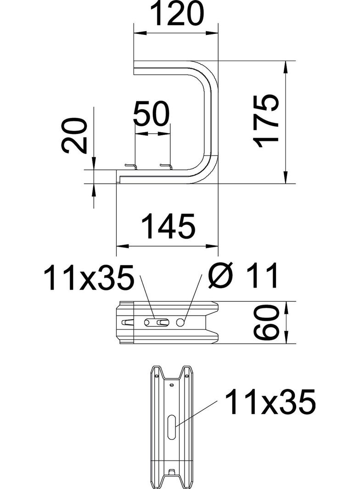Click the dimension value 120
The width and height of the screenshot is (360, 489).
177,15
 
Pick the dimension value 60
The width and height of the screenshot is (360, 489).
268,322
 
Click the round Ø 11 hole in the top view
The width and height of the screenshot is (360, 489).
181,322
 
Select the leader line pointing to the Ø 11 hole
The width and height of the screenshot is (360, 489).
193,296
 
